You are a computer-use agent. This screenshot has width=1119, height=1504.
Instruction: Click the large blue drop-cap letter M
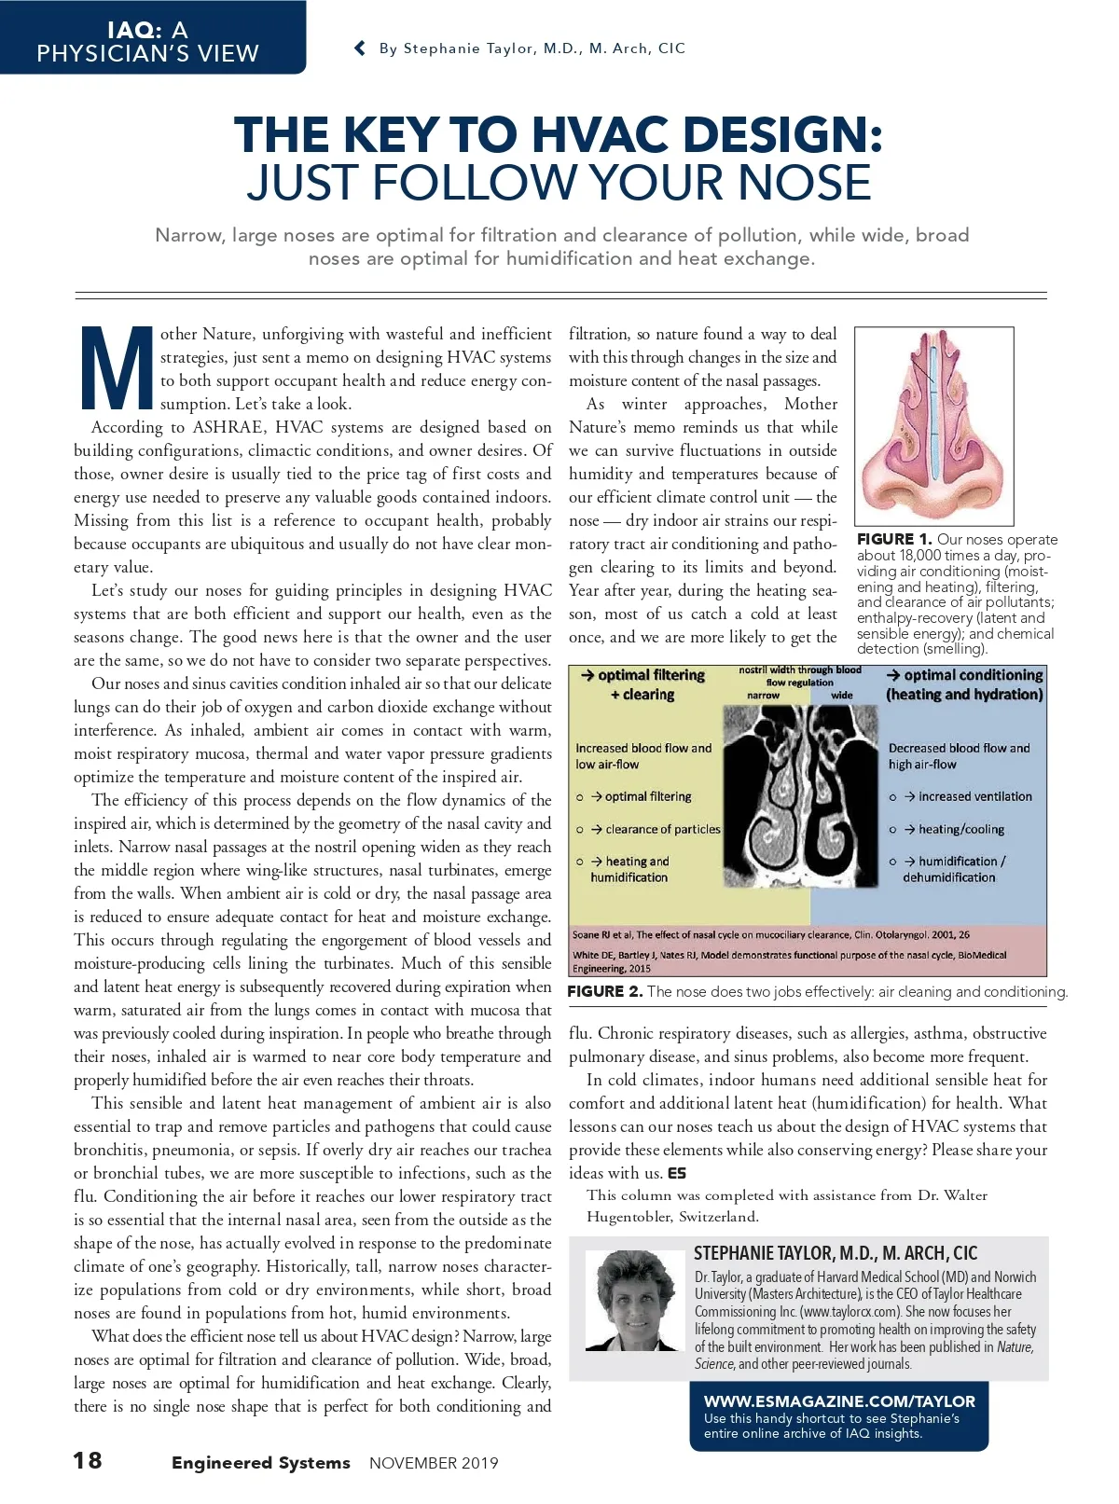pyautogui.click(x=117, y=367)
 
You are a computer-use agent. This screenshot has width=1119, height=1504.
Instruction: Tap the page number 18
pyautogui.click(x=88, y=1460)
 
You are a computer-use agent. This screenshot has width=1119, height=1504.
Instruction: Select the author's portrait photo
pyautogui.click(x=634, y=1301)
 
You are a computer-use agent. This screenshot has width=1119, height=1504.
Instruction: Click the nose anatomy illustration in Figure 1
pyautogui.click(x=933, y=425)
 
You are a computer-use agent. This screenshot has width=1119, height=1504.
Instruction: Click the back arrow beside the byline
pyautogui.click(x=360, y=48)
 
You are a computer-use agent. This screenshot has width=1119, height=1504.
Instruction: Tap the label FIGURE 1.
pyautogui.click(x=893, y=539)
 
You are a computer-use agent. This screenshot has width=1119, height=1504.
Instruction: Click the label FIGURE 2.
pyautogui.click(x=604, y=991)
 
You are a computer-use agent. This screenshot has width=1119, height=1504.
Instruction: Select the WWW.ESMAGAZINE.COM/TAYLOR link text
pyautogui.click(x=839, y=1401)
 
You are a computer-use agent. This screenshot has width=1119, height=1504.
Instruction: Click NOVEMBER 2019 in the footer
pyautogui.click(x=434, y=1463)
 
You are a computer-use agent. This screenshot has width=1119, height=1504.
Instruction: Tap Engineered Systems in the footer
pyautogui.click(x=260, y=1463)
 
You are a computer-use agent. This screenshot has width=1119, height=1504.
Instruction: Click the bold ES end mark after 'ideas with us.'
pyautogui.click(x=677, y=1173)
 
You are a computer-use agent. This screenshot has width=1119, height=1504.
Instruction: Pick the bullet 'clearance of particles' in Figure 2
pyautogui.click(x=662, y=829)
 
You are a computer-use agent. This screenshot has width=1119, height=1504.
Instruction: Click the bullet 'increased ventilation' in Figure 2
pyautogui.click(x=974, y=796)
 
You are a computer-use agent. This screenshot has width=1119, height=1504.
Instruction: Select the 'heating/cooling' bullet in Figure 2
pyautogui.click(x=960, y=829)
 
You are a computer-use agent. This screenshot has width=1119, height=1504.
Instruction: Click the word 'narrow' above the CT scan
pyautogui.click(x=763, y=695)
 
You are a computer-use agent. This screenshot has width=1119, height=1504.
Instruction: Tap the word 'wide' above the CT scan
pyautogui.click(x=841, y=695)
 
